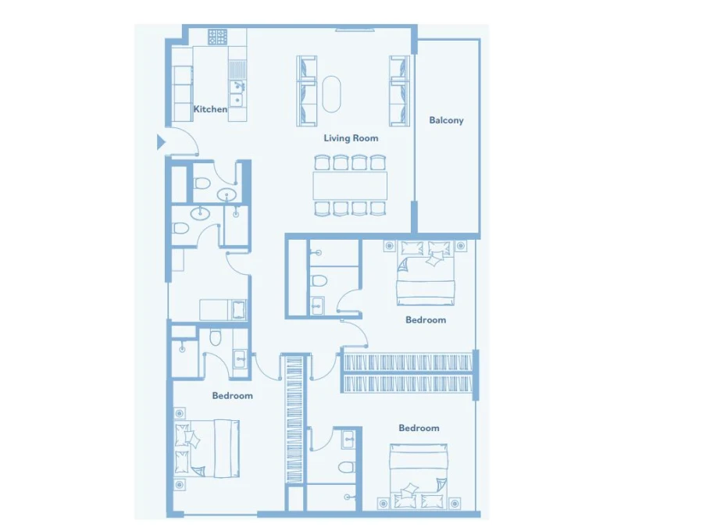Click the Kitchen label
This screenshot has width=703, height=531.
tap(210, 109)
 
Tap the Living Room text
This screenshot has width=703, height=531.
tap(351, 138)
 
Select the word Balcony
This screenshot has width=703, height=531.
tap(446, 120)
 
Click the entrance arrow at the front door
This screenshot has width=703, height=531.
tap(161, 142)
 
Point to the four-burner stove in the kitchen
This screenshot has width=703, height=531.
tap(217, 37)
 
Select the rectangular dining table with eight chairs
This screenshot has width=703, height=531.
tap(350, 186)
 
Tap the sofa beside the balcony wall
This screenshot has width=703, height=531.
tap(399, 91)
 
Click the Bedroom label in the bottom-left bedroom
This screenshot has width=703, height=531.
tap(232, 396)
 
